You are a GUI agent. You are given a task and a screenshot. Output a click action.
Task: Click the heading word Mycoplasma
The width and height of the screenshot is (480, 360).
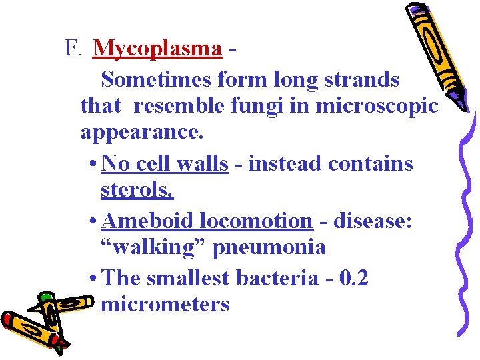pos(157,49)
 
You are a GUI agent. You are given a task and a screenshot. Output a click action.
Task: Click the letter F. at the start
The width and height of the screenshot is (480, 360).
pos(73,49)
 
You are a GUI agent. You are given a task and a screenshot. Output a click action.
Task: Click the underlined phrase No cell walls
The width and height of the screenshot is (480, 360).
pos(166,163)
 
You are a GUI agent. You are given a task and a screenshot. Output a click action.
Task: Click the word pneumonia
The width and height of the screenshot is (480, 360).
pos(269,247)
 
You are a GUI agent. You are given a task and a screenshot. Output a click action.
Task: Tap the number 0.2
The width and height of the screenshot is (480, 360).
pos(353,278)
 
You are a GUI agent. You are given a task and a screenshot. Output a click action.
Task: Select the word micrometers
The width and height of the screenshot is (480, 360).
pos(165,305)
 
